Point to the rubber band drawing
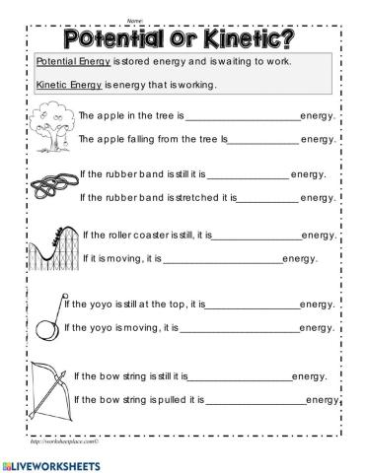pyautogui.click(x=49, y=184)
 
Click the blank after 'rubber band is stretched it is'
pyautogui.click(x=267, y=198)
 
